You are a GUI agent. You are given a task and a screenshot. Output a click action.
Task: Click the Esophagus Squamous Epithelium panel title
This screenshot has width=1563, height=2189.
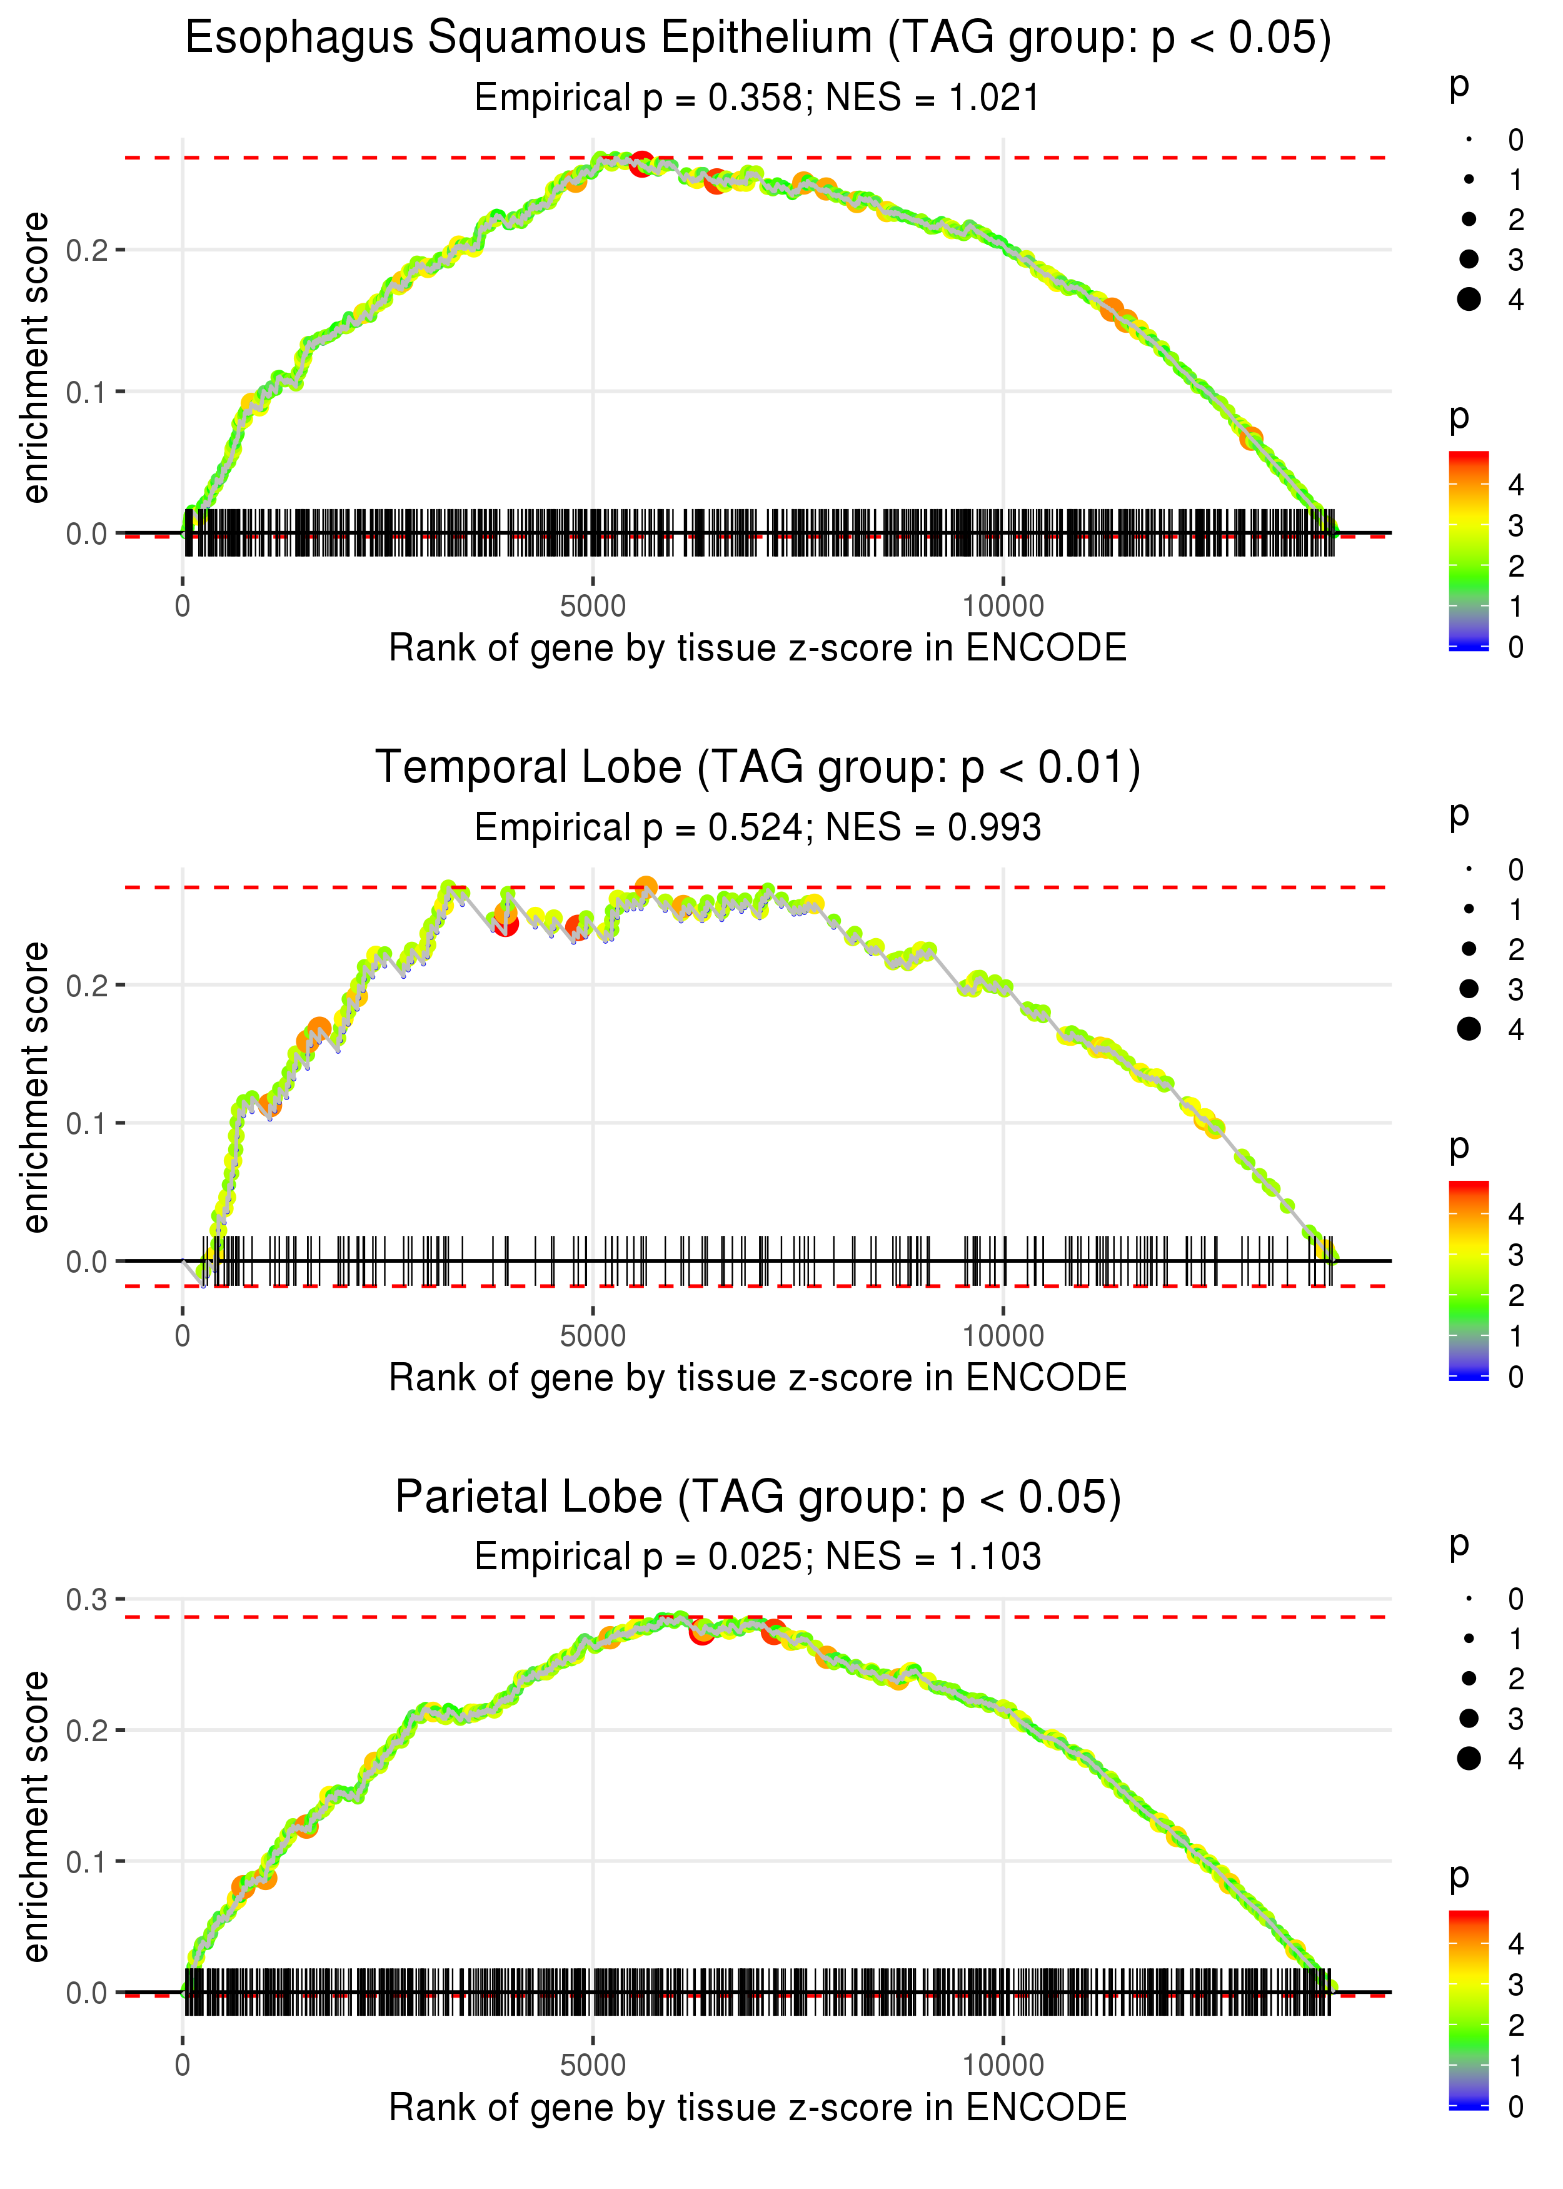coord(758,39)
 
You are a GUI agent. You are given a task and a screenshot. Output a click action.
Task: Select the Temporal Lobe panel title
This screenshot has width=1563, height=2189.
coord(758,767)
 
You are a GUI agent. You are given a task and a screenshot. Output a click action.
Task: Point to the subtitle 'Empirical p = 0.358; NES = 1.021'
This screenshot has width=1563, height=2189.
coord(758,98)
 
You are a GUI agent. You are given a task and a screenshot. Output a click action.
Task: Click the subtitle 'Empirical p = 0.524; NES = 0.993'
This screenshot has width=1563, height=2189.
coord(758,828)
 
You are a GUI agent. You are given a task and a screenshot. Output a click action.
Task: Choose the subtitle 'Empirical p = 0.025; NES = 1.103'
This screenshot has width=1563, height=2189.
coord(758,1557)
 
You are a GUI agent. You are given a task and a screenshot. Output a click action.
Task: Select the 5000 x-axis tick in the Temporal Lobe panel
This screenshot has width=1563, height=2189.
coord(593,1336)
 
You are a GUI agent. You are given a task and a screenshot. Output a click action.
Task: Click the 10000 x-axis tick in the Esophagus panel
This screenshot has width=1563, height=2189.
coord(1003,607)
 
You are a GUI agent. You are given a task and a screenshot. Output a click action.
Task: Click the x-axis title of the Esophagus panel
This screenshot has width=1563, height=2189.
coord(758,648)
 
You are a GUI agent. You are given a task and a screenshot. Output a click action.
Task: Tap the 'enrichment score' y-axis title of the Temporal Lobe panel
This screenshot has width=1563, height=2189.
coord(36,1088)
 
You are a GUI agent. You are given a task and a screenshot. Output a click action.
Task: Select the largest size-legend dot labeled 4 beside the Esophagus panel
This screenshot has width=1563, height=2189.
coord(1469,300)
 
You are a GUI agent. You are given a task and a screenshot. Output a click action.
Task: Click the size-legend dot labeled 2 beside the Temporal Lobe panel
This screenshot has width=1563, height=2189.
coord(1469,949)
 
